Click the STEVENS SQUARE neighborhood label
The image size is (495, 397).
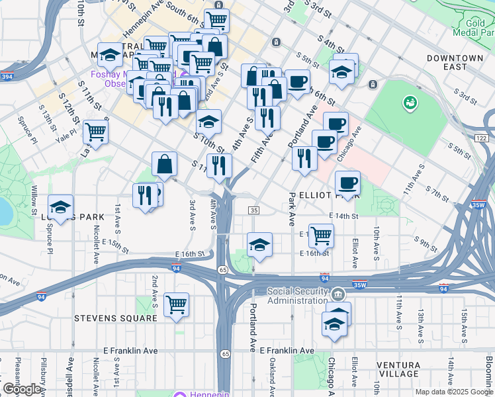coord(115,318)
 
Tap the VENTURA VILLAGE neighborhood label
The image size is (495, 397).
coord(398,370)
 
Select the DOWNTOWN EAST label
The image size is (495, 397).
coord(455,63)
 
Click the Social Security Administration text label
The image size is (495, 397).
coord(298,296)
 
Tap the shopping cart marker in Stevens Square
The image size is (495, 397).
coord(177,304)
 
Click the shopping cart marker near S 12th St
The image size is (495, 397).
coord(96,132)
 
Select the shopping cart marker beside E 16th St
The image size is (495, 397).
coord(321,234)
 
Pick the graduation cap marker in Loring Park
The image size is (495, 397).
coord(60,206)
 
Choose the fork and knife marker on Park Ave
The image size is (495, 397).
coord(304,157)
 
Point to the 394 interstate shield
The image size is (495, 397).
coord(7,77)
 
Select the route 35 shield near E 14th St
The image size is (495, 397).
coord(254,210)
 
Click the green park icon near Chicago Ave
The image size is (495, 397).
coord(410,103)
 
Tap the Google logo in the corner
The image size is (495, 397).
coord(22,389)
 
